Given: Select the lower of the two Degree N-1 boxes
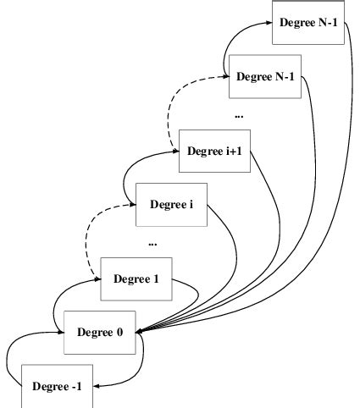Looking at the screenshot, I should (266, 76).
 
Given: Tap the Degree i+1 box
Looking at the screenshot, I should (216, 152).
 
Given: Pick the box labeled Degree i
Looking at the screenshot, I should (171, 204).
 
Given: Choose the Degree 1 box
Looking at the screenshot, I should (136, 278).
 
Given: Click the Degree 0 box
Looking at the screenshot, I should (100, 331).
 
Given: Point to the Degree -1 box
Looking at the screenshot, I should (57, 386).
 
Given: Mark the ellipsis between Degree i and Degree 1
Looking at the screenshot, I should (152, 243).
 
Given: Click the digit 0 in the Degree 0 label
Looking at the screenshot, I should (119, 331).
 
